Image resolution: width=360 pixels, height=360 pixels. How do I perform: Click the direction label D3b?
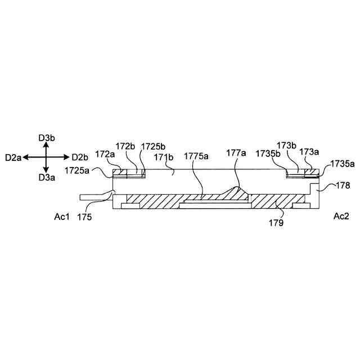(47, 137)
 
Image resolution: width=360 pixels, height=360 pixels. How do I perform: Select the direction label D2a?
(13, 157)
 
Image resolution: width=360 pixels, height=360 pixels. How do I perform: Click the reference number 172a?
(105, 153)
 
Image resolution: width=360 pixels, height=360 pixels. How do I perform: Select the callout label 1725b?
(153, 146)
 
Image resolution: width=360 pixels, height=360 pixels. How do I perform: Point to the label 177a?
(236, 152)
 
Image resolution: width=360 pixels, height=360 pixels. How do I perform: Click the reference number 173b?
(287, 146)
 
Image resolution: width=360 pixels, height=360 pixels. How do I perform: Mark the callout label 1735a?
(342, 164)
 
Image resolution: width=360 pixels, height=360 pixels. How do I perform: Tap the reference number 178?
(343, 184)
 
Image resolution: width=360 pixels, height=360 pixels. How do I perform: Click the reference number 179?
(276, 223)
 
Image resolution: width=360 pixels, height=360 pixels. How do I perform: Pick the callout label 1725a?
(78, 169)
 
